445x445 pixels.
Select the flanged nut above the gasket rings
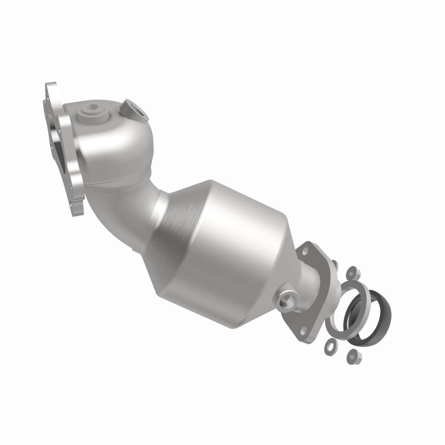tap(353, 273)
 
